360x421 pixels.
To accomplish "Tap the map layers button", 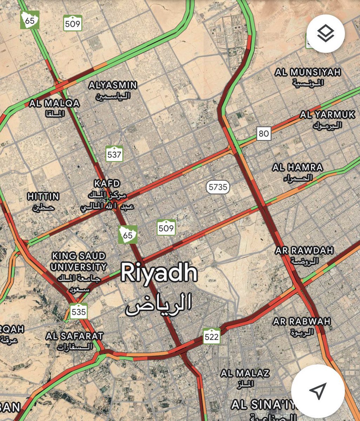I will point(326,34).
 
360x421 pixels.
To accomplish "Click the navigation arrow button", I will point(318,391).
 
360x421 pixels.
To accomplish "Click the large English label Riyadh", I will point(159,274).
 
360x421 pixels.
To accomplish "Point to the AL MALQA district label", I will point(54,103).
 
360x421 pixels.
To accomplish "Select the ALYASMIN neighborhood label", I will point(113,85).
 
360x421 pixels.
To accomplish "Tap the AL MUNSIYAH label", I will point(308,73).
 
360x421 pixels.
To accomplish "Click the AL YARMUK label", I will point(327,115).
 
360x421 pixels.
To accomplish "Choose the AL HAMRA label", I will point(298,167).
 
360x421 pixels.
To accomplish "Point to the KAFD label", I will point(107,183).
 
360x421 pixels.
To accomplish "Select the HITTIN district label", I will point(44,196).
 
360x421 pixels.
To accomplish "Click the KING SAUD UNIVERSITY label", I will point(78,261).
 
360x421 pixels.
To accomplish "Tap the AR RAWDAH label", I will point(304,251).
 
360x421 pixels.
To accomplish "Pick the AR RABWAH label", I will point(302,321).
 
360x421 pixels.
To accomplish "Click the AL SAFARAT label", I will point(74,336).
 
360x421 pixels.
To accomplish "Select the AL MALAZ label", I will point(245,373).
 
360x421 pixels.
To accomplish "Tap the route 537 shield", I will point(114,154).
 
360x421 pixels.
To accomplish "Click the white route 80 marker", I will point(264,133).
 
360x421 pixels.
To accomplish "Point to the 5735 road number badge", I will point(218,187).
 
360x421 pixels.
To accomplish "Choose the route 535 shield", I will point(78,312).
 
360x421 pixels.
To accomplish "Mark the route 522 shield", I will point(212,337).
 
